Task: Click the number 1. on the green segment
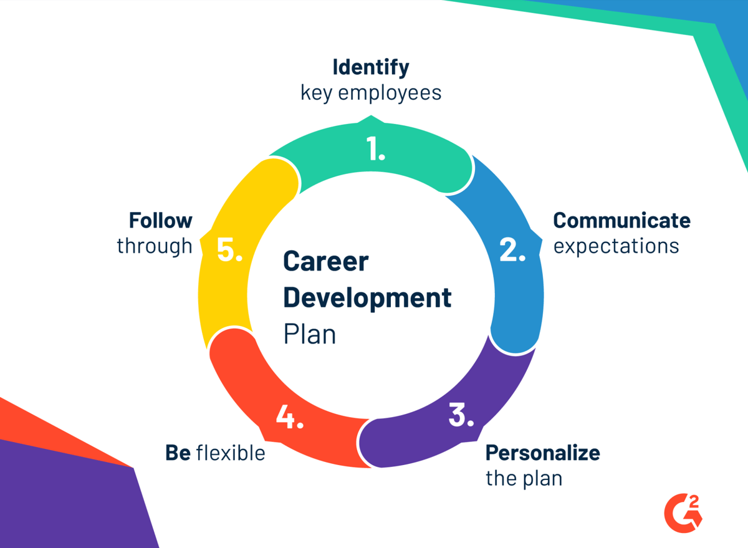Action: pyautogui.click(x=375, y=149)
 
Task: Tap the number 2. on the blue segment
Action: pyautogui.click(x=513, y=249)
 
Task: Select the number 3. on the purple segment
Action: pyautogui.click(x=461, y=416)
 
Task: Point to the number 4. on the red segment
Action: pyautogui.click(x=289, y=417)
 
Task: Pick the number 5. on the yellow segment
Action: pyautogui.click(x=229, y=249)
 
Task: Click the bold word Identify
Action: pyautogui.click(x=371, y=66)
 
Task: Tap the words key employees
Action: pyautogui.click(x=371, y=93)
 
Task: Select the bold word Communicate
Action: pyautogui.click(x=621, y=220)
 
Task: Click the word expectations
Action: pyautogui.click(x=616, y=246)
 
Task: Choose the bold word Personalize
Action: pyautogui.click(x=542, y=452)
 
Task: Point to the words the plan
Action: pyautogui.click(x=524, y=478)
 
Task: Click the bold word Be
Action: pyautogui.click(x=178, y=453)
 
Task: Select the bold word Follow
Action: pyautogui.click(x=161, y=220)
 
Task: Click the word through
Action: pyautogui.click(x=155, y=246)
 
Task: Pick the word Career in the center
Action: pyautogui.click(x=325, y=261)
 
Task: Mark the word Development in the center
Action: pyautogui.click(x=367, y=297)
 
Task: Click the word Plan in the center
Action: pyautogui.click(x=310, y=334)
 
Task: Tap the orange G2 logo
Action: pyautogui.click(x=683, y=509)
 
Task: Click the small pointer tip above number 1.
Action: pyautogui.click(x=372, y=117)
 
